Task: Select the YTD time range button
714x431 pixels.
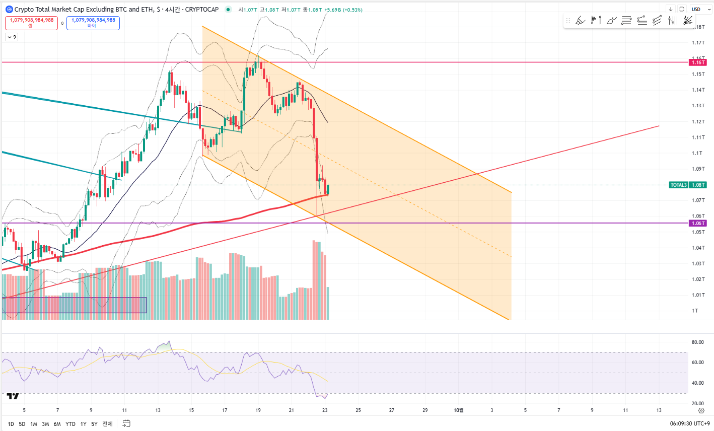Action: pyautogui.click(x=70, y=424)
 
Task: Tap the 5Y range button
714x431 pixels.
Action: pyautogui.click(x=94, y=424)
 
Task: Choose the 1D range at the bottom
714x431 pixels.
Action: pyautogui.click(x=11, y=424)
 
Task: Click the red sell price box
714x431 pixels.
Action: pyautogui.click(x=32, y=23)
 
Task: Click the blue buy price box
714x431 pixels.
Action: pyautogui.click(x=93, y=23)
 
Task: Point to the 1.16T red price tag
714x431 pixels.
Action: pyautogui.click(x=698, y=62)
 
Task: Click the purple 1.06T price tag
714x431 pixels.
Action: pyautogui.click(x=698, y=223)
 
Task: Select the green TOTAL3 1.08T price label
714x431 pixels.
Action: pyautogui.click(x=688, y=185)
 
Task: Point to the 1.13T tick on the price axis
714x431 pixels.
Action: pyautogui.click(x=698, y=106)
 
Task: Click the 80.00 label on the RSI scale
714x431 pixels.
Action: pyautogui.click(x=697, y=342)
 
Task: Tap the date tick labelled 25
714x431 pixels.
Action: pyautogui.click(x=359, y=410)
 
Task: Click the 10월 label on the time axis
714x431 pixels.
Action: pyautogui.click(x=459, y=410)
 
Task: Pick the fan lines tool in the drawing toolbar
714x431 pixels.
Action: pyautogui.click(x=688, y=21)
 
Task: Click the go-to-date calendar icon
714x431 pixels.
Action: pyautogui.click(x=126, y=423)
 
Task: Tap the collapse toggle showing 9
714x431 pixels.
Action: pyautogui.click(x=12, y=37)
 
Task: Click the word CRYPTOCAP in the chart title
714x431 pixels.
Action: pyautogui.click(x=202, y=10)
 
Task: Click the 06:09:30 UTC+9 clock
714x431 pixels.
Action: pyautogui.click(x=689, y=424)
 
